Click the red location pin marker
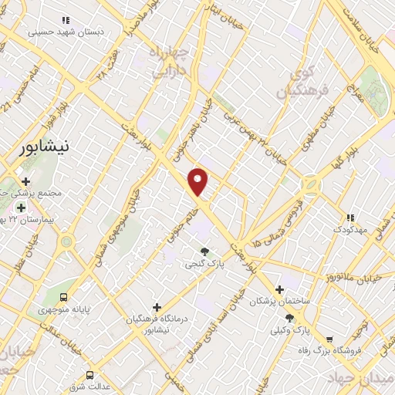[x=198, y=182]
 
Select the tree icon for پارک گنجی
[x=204, y=251]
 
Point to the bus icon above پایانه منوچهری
[x=64, y=296]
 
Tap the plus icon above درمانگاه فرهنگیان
[x=157, y=306]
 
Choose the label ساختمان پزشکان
[x=279, y=302]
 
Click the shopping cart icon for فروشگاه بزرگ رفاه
[x=329, y=339]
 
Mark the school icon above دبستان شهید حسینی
[x=66, y=20]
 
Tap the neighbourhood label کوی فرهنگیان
[x=308, y=83]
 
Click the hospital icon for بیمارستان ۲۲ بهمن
[x=21, y=207]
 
